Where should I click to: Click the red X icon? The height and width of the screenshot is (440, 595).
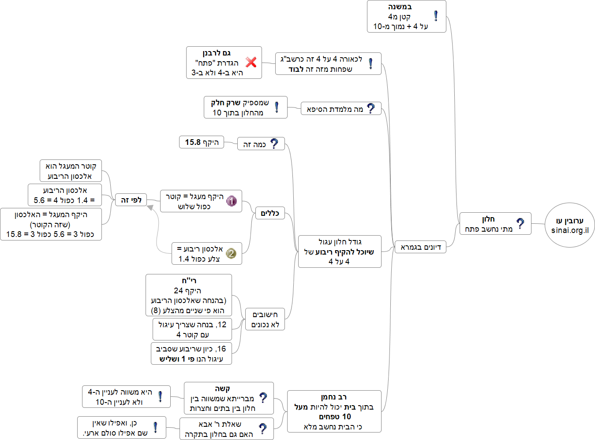point(251,62)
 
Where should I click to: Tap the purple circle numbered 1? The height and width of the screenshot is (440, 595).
point(232,201)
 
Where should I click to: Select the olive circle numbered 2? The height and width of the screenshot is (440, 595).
point(231,253)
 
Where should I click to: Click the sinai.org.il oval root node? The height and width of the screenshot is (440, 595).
point(570,225)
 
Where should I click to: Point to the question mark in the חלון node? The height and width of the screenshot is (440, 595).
point(520,223)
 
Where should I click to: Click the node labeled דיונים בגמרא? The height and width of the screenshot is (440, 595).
point(420,247)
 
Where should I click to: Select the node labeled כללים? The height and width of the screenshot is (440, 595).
point(269,213)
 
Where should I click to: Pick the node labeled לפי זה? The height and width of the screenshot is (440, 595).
point(131,200)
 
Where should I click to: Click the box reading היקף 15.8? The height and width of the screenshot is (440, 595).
point(202,142)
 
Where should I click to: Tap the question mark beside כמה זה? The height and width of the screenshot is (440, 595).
point(274,144)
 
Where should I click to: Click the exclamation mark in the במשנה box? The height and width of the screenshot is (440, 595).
point(436,16)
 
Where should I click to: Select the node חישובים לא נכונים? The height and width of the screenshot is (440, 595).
point(265,319)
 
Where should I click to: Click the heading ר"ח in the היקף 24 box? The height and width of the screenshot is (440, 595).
point(189,281)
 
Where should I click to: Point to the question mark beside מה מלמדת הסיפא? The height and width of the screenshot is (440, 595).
point(371,108)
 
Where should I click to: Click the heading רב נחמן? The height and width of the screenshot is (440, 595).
point(334,397)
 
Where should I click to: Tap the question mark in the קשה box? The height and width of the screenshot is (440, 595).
point(263,398)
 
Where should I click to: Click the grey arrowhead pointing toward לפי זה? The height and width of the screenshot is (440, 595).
point(150,207)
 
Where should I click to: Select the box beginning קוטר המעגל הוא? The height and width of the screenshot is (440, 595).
point(71,171)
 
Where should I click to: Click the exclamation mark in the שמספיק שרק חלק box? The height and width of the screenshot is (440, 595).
point(277,107)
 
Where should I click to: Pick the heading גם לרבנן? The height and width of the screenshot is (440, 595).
point(217,53)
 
